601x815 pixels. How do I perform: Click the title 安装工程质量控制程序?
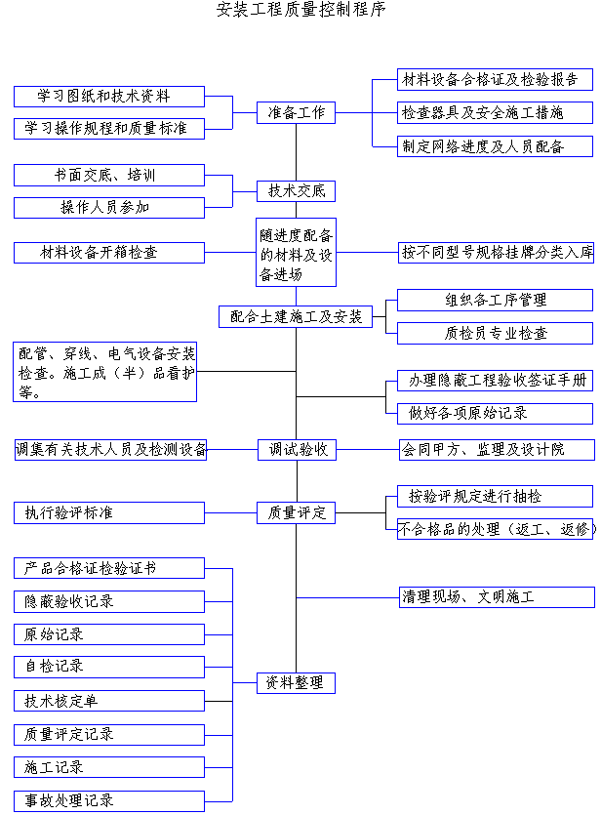(301, 10)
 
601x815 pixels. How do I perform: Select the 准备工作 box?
(296, 113)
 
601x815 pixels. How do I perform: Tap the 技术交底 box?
(296, 191)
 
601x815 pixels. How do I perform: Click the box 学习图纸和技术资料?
(109, 97)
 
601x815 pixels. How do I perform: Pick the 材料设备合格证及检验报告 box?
(495, 79)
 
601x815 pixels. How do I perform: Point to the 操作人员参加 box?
(109, 208)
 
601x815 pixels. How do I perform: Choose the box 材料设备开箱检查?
(109, 253)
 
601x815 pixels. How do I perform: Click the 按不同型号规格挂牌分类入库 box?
(496, 253)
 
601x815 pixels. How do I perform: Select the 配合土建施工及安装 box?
(296, 317)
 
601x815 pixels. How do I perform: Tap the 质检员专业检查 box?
(495, 333)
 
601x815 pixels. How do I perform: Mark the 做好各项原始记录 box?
(495, 414)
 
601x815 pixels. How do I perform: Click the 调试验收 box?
(298, 450)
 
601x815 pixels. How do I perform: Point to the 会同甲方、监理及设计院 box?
(498, 450)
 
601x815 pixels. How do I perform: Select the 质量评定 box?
(296, 513)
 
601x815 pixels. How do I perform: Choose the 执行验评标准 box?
(109, 513)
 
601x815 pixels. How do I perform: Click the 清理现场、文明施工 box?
(498, 597)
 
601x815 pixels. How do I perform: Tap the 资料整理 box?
(296, 683)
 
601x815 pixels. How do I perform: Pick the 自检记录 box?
(109, 667)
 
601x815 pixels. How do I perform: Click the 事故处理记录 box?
(109, 801)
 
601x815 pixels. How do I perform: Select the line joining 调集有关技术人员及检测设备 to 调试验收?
(232, 450)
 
